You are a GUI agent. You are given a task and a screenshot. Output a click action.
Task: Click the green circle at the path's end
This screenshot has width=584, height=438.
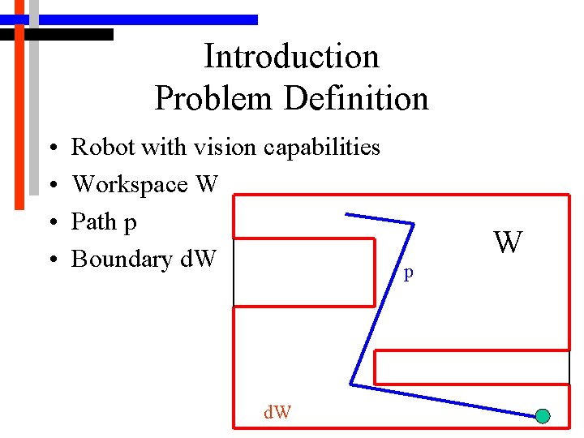[543, 416]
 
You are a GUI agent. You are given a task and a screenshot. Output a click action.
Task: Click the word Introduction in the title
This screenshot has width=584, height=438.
[291, 57]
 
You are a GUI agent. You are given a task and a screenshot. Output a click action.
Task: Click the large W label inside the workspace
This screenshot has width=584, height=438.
[508, 242]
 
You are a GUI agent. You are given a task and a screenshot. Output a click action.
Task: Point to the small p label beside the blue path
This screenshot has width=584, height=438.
[409, 273]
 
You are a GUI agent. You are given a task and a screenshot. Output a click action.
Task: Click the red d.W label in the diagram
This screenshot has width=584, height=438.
[277, 413]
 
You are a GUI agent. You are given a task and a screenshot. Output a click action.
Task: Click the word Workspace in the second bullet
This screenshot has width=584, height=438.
[130, 185]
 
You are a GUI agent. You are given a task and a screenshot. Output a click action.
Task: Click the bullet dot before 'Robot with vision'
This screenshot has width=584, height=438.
[51, 148]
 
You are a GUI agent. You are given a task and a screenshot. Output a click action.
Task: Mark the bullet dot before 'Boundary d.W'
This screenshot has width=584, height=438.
[51, 260]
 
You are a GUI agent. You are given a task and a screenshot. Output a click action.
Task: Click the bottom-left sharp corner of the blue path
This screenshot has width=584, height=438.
[351, 384]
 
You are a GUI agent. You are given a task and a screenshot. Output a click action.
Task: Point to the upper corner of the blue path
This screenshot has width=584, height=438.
[414, 223]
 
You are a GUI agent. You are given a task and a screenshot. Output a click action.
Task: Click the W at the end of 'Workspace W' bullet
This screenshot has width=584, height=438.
[207, 185]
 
